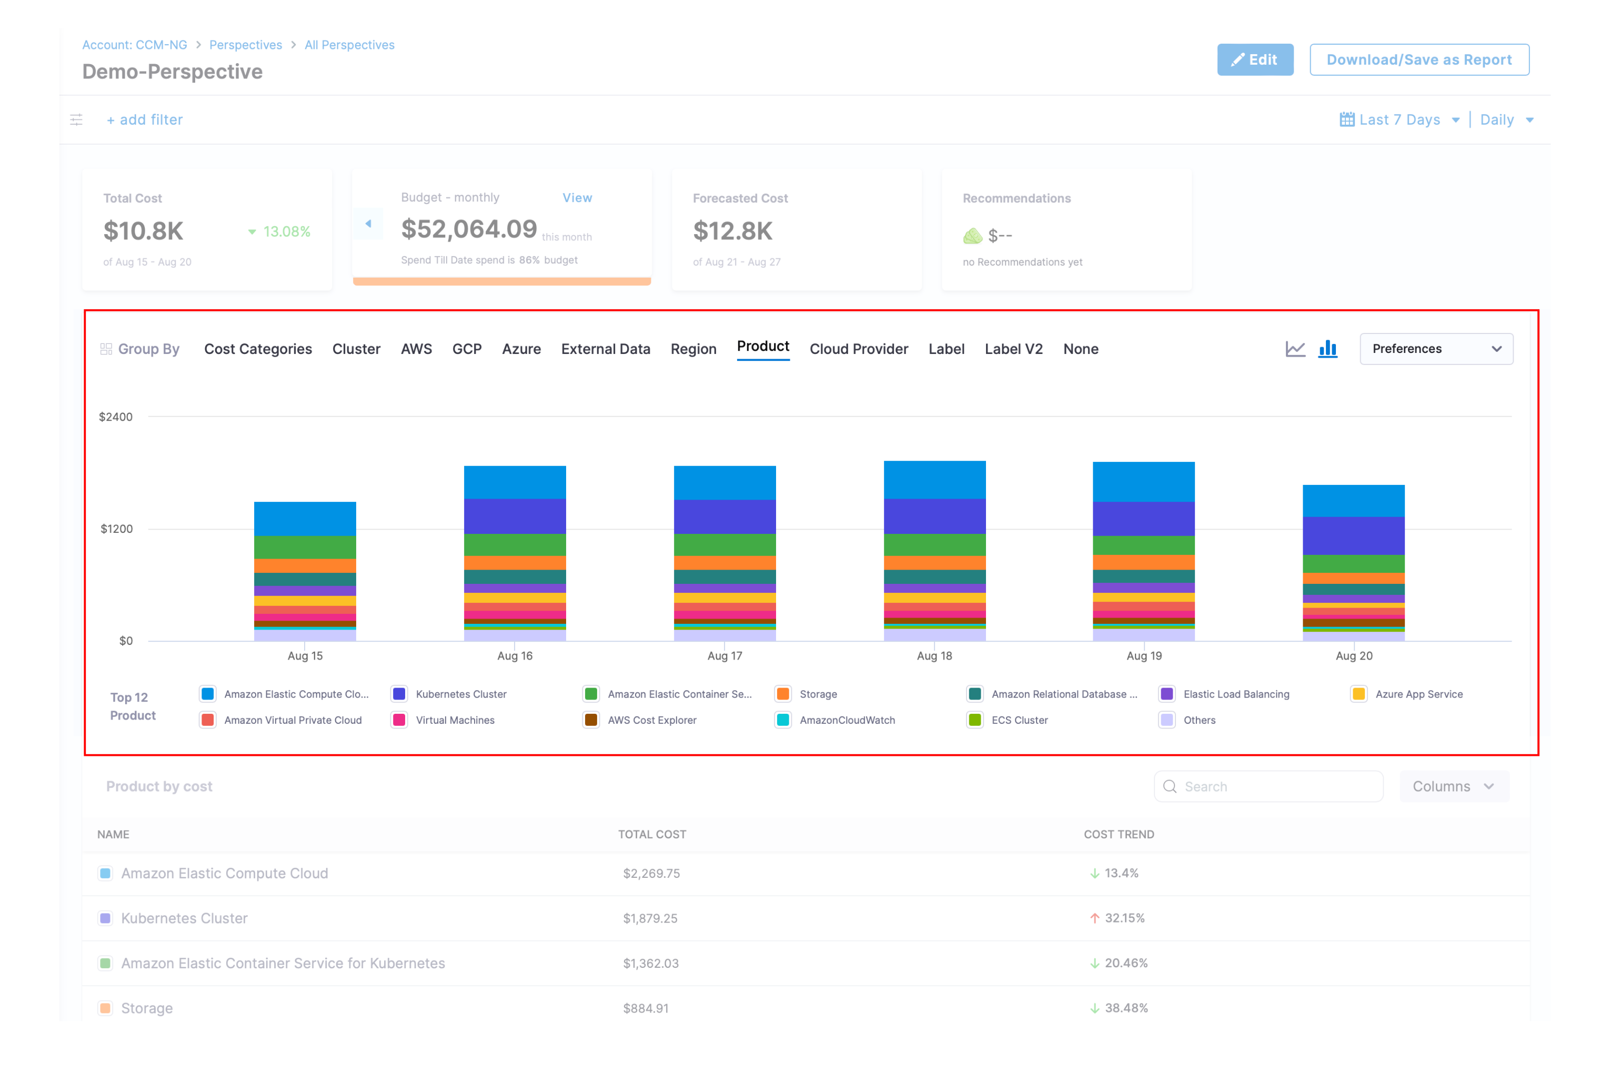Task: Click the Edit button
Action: [x=1255, y=59]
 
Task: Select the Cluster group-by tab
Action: [x=356, y=349]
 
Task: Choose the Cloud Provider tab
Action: [x=858, y=349]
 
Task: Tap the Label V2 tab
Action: [x=1013, y=349]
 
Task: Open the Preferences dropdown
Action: [x=1435, y=349]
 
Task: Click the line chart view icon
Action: [x=1294, y=349]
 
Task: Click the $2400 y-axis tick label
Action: [x=116, y=417]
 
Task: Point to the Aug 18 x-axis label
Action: [x=934, y=655]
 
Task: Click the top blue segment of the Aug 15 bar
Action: [x=305, y=519]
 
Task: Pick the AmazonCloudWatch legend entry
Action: [x=847, y=720]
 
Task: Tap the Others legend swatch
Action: [x=1167, y=720]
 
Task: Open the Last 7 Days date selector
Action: [x=1399, y=120]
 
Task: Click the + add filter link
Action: [x=145, y=120]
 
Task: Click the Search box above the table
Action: [x=1269, y=786]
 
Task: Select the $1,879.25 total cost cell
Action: [x=650, y=918]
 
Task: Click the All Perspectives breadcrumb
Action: [x=349, y=45]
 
